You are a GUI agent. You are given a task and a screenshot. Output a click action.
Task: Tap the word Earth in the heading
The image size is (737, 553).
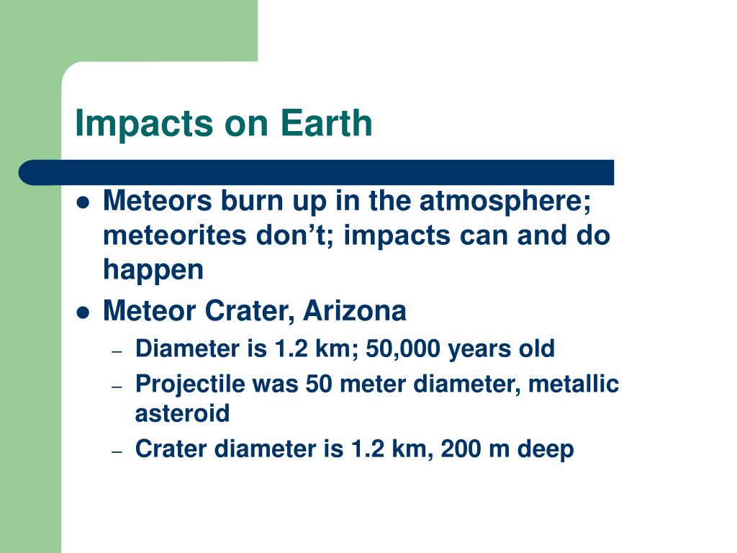tap(326, 122)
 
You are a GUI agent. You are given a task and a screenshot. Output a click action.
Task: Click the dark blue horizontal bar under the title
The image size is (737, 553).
tap(317, 173)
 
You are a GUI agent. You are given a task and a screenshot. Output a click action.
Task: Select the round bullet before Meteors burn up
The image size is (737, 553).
tap(83, 202)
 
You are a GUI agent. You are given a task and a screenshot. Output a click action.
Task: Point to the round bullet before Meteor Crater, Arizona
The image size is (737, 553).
tap(83, 313)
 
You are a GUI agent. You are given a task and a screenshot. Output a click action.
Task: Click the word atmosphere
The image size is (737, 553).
tap(505, 202)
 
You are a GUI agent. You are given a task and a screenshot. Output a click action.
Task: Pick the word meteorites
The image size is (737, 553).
tap(174, 235)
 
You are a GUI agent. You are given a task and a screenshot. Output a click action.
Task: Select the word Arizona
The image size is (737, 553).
tap(354, 311)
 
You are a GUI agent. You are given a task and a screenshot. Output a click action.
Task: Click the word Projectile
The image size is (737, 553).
tap(190, 385)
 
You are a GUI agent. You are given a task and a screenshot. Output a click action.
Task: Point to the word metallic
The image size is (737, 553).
tap(574, 384)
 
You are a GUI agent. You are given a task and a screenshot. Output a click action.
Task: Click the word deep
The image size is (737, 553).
tap(546, 450)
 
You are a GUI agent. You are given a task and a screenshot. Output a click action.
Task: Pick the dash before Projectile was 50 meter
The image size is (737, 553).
tap(117, 387)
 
